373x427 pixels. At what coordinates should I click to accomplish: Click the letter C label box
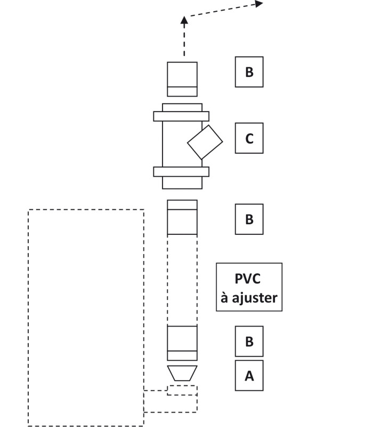coord(249,139)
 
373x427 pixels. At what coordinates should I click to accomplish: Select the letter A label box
coord(249,376)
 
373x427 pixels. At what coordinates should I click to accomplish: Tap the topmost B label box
coord(249,72)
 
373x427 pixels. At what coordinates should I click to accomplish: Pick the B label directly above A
coord(249,341)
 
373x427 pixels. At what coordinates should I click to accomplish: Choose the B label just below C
coord(249,219)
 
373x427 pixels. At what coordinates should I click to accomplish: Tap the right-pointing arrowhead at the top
coord(259,4)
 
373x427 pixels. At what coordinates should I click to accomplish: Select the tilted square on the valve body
coord(205,142)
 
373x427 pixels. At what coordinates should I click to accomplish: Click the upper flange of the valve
coord(181,116)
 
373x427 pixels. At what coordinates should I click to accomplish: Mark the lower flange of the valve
coord(181,171)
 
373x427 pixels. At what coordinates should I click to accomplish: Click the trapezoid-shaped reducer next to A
coord(182,373)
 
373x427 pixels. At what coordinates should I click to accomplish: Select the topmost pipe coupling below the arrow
coord(182,78)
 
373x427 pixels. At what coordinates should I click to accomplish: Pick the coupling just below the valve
coord(182,217)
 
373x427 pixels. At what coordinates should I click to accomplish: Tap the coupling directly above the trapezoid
coord(182,343)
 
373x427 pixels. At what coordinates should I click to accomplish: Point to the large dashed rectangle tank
coord(86,318)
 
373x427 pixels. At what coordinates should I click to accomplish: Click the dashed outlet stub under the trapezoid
coord(171,401)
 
